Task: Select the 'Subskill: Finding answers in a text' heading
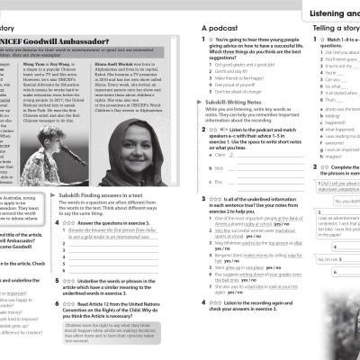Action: click(104, 194)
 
